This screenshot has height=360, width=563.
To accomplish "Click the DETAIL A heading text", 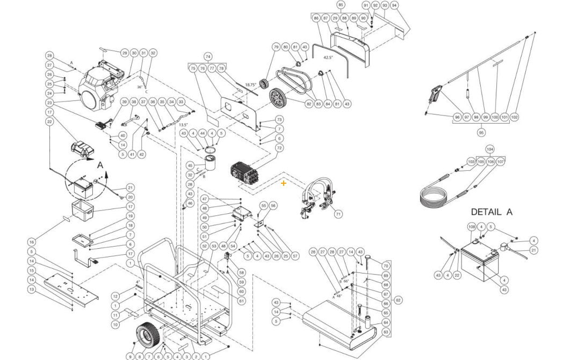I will (491, 212).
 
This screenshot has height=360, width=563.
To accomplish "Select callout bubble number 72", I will (279, 147).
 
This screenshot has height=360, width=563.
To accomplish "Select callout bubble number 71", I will (338, 214).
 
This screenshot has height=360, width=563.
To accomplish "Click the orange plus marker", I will (284, 183).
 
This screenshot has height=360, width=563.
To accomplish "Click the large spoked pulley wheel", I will (278, 100).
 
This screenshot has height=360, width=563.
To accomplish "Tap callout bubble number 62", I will (398, 300).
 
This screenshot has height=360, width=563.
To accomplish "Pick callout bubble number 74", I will (207, 56).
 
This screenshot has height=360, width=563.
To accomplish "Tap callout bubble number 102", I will (514, 117).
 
